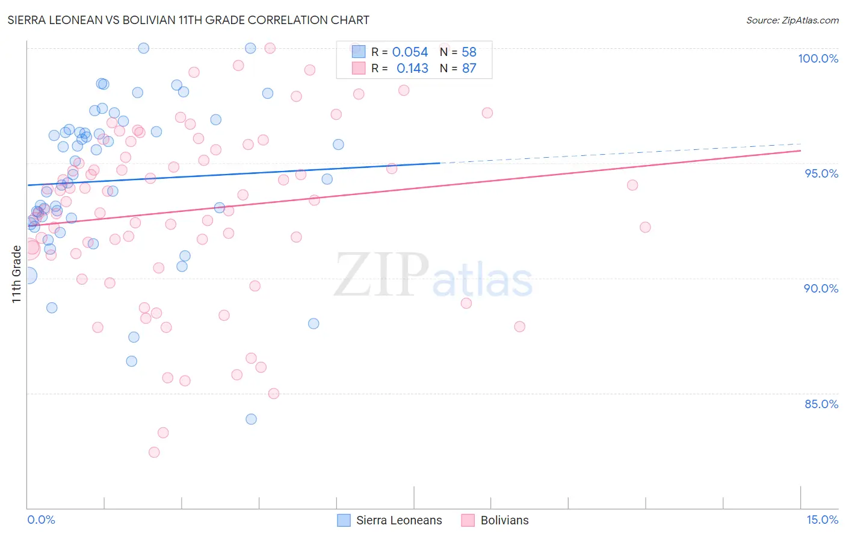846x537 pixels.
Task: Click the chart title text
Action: point(188,20)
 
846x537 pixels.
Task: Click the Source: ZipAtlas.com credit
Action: point(792,20)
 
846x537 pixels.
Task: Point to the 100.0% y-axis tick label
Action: point(818,58)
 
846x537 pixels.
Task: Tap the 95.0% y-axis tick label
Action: point(821,173)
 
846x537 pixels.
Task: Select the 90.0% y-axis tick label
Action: point(821,288)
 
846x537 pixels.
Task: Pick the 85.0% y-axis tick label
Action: point(821,404)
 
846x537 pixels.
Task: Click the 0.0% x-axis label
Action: point(41,520)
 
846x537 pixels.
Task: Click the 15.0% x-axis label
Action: point(822,520)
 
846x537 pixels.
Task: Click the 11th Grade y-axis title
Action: point(16,274)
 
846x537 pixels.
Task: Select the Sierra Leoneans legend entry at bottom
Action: point(398,520)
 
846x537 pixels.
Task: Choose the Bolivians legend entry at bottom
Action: point(504,520)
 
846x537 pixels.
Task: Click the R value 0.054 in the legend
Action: point(410,52)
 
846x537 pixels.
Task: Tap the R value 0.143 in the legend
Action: point(412,69)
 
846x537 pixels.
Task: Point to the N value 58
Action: point(469,52)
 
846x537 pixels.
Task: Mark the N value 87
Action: point(469,69)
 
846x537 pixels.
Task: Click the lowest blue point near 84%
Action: point(251,419)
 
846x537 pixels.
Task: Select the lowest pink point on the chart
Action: point(154,452)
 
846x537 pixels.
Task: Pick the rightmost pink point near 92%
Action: point(645,227)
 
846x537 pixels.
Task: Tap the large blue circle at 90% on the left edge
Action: point(28,276)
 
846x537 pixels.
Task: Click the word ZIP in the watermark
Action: point(381,275)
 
